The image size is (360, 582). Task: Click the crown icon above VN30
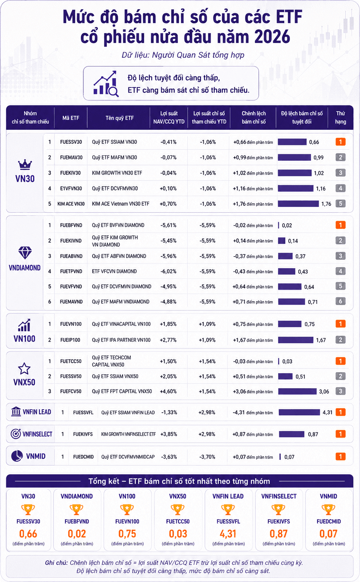click(25, 165)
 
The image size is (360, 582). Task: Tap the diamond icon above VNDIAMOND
click(25, 253)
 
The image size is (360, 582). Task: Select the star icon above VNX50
click(24, 369)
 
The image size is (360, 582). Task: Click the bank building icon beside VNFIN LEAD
click(16, 412)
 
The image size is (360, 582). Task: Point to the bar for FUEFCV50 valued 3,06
click(297, 391)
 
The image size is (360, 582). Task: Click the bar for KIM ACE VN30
click(298, 204)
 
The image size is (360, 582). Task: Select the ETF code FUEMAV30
click(71, 158)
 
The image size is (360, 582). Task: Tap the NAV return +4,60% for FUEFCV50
click(168, 391)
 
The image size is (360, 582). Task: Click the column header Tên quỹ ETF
click(119, 118)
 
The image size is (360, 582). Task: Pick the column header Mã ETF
click(71, 118)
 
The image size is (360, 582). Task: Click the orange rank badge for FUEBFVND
click(341, 225)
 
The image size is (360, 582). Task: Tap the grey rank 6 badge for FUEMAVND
click(341, 301)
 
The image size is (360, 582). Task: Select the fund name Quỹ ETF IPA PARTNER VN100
click(121, 340)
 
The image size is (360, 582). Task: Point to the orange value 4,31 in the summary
click(228, 534)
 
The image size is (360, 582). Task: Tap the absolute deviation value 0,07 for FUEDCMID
click(289, 457)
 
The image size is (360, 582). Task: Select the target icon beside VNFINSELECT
click(16, 433)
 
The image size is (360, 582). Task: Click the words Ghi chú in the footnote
click(56, 563)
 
